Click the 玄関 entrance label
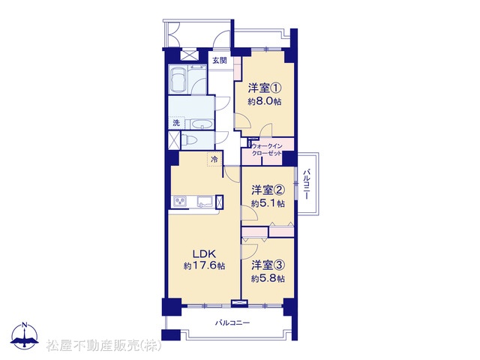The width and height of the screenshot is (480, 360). (x=220, y=60)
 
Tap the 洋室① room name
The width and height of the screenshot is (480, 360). (x=265, y=88)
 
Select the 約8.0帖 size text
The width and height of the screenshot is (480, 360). (x=265, y=102)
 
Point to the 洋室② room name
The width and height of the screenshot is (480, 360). (x=268, y=190)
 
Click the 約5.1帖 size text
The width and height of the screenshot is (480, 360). (x=268, y=203)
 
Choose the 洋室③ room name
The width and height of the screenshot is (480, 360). (x=268, y=265)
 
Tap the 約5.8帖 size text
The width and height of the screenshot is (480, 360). (x=268, y=278)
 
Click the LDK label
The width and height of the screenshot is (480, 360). (x=204, y=253)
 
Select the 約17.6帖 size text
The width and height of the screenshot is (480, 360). (x=204, y=266)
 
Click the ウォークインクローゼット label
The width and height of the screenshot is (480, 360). (x=266, y=150)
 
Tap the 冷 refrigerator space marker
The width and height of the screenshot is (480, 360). (x=215, y=160)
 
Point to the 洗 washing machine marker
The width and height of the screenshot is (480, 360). (x=176, y=123)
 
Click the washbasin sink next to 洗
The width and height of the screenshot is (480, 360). (x=202, y=124)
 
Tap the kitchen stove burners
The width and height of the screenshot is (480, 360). (x=180, y=201)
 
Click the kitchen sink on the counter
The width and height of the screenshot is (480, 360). (x=205, y=202)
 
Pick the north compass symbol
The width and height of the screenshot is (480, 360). (x=25, y=335)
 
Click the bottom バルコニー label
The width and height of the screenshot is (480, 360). (x=232, y=322)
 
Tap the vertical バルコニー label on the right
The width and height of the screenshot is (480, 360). (x=306, y=184)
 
